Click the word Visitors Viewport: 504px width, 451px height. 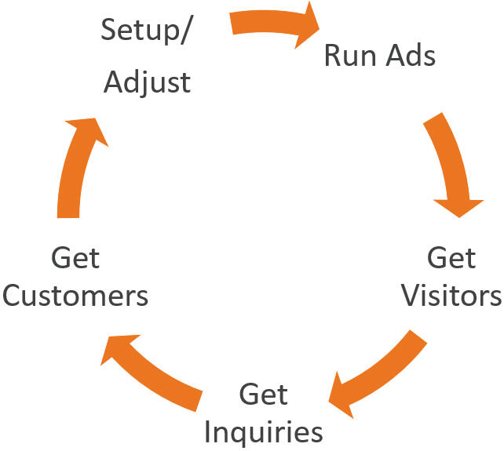(451, 297)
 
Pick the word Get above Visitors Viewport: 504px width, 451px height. (451, 258)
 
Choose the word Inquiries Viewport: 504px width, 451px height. (269, 432)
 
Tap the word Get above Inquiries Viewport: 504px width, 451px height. (263, 394)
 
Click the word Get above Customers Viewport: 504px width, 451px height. (76, 258)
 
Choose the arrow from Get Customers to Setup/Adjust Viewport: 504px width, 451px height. (75, 165)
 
